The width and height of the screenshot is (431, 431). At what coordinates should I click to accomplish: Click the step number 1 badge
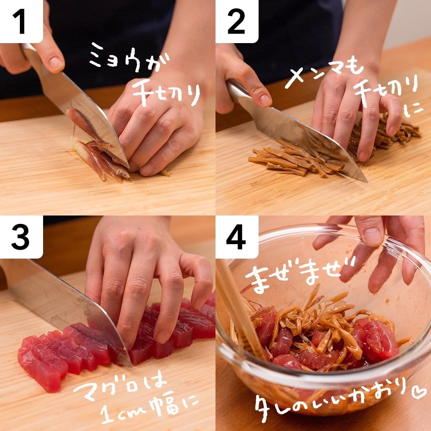[21, 21]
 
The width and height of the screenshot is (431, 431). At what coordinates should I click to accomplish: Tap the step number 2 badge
[237, 21]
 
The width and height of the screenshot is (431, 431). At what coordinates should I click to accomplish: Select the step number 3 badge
[21, 237]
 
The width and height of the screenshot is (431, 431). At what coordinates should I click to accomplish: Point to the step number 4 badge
[237, 237]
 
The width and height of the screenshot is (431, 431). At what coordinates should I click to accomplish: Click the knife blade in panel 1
[83, 110]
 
